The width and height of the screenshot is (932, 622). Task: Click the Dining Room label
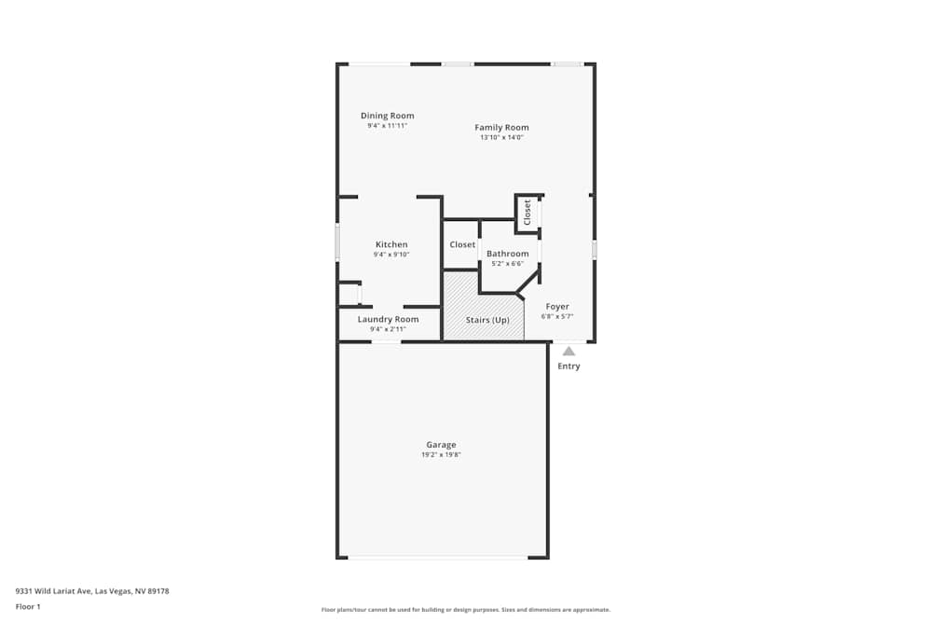click(x=387, y=116)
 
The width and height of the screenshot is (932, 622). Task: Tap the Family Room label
click(x=501, y=127)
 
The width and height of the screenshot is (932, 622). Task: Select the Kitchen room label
click(x=391, y=244)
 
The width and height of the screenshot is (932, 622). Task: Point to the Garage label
click(x=442, y=445)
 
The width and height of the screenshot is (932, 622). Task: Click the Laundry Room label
click(x=388, y=319)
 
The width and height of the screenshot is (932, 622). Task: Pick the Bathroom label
click(x=507, y=254)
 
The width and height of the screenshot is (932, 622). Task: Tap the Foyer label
click(x=557, y=306)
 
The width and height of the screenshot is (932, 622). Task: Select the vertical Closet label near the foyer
click(x=528, y=212)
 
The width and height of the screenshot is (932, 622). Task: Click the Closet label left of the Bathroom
click(x=462, y=244)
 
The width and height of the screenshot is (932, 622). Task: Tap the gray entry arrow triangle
click(x=569, y=352)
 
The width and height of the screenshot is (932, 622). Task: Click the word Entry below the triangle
click(x=569, y=366)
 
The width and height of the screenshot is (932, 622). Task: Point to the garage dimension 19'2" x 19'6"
click(x=442, y=455)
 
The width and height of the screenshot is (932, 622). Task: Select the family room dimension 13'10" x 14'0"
click(x=501, y=137)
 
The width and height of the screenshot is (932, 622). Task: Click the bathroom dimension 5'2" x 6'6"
click(x=507, y=264)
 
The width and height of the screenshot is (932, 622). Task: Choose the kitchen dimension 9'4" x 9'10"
click(x=391, y=255)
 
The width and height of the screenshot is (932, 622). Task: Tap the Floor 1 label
click(x=28, y=606)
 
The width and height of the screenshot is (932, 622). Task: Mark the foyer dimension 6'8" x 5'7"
click(x=557, y=316)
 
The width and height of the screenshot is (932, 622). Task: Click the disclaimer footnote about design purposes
click(x=466, y=609)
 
